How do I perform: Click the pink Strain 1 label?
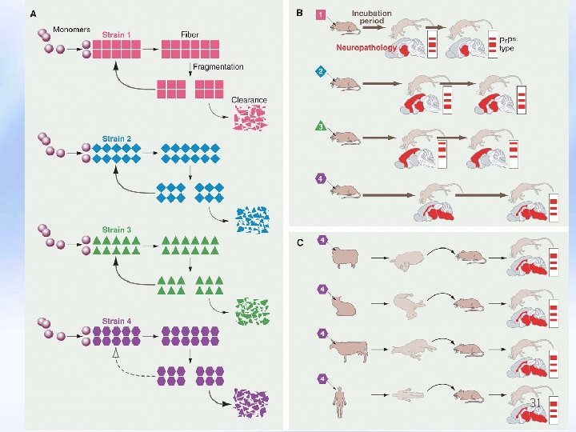tap(116, 34)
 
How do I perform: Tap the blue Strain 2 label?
tap(116, 138)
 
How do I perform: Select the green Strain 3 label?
tap(116, 230)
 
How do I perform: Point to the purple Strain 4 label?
tap(116, 322)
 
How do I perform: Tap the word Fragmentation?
tap(218, 66)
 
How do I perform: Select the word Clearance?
tap(249, 100)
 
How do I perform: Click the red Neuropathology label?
tap(366, 48)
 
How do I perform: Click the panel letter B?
tap(299, 13)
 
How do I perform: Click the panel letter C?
tap(299, 241)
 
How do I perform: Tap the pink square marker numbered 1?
tap(321, 14)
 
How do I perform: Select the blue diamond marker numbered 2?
tap(321, 71)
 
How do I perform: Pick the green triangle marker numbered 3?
tap(321, 126)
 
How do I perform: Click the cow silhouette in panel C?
tap(349, 349)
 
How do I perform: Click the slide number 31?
tap(535, 403)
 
